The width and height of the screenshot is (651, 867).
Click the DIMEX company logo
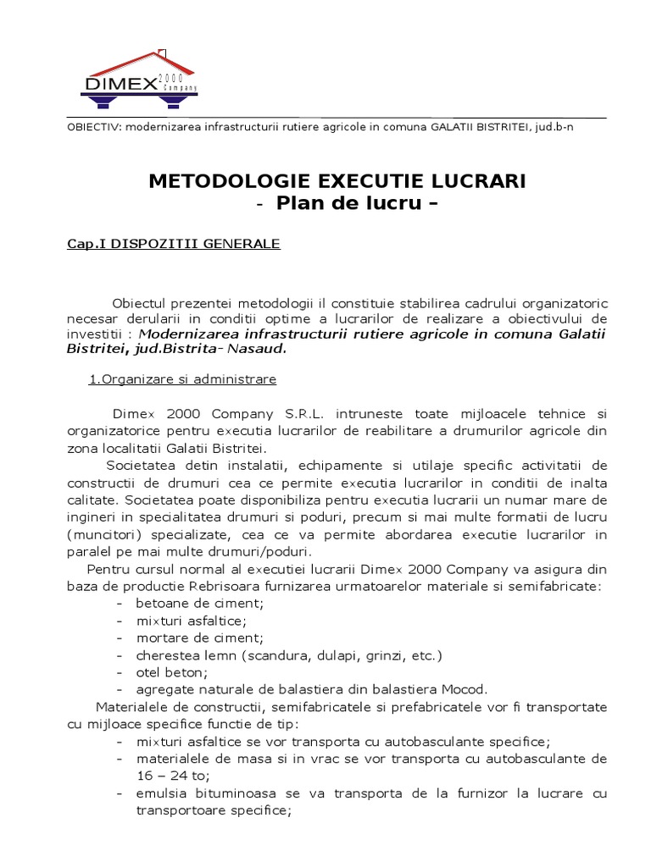[139, 81]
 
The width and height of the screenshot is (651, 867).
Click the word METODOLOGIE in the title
[219, 181]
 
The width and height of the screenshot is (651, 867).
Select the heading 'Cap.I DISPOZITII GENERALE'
[174, 244]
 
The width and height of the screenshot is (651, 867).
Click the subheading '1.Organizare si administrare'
[182, 379]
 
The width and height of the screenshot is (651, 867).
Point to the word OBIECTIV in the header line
[94, 127]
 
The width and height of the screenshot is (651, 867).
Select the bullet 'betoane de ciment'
[200, 603]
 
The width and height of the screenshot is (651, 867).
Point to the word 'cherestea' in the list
[167, 655]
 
